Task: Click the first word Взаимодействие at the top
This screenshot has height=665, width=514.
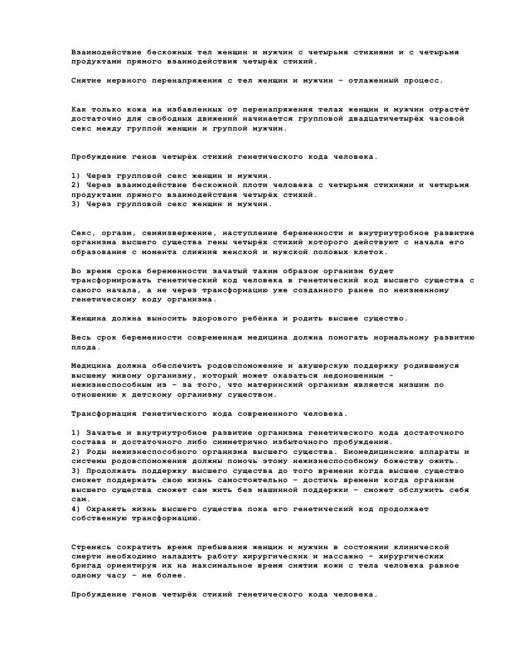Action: (x=104, y=53)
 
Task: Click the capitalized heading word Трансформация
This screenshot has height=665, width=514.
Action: (x=104, y=414)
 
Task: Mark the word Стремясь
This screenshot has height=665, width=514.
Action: (x=91, y=547)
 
